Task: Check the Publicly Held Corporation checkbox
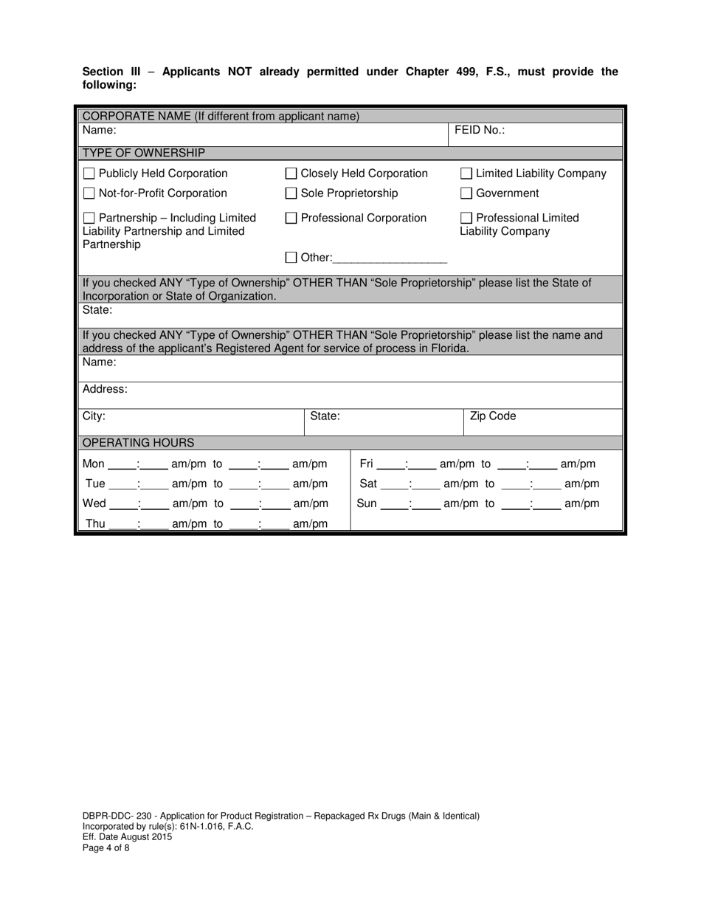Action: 89,174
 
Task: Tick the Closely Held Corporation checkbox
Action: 291,174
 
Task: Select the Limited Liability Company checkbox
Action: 466,174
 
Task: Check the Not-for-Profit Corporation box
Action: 89,194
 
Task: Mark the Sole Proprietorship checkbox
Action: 291,194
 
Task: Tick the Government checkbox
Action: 466,194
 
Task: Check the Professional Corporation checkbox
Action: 291,219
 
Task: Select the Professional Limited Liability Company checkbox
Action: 466,219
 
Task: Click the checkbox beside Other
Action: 291,258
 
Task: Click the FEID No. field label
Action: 479,130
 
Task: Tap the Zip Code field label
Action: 493,416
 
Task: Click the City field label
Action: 94,416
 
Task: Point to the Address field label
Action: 105,389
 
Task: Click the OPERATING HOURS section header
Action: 138,443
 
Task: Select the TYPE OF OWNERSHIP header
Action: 143,153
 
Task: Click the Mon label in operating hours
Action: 94,464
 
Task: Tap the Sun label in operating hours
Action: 367,504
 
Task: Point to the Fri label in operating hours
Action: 366,464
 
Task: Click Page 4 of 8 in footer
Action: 106,848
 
